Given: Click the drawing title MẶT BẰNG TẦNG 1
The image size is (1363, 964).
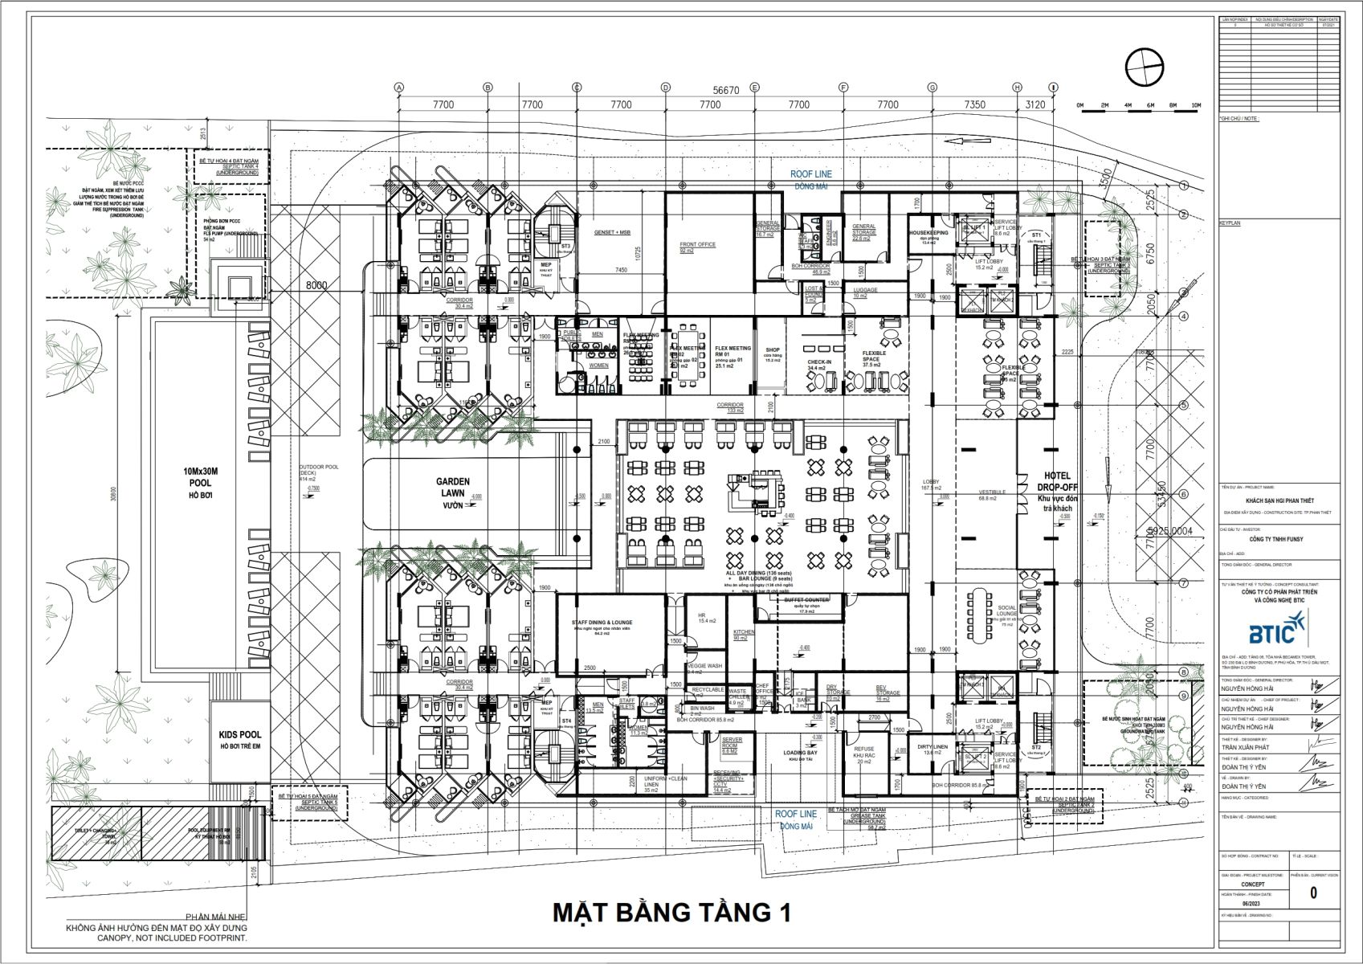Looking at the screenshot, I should coord(671,913).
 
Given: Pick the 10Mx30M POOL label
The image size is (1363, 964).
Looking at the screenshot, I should coord(201,482).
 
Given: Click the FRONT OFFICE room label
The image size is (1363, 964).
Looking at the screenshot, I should coord(697,244).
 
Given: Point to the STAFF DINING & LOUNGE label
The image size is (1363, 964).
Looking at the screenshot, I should coord(602,623).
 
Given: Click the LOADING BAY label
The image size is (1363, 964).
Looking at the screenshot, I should coord(800,753).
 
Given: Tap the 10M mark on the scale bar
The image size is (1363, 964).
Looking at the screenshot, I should coord(1196,106).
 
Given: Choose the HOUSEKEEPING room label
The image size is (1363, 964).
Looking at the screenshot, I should coord(928,232).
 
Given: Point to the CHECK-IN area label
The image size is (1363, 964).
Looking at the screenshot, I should coord(818,362).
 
